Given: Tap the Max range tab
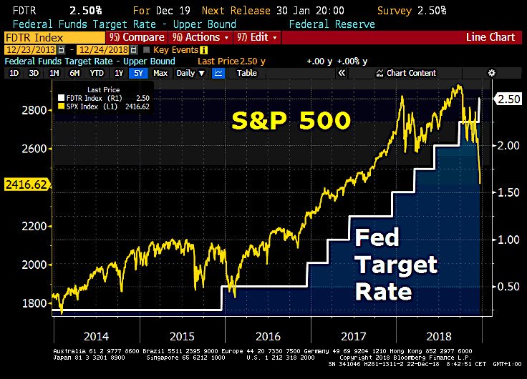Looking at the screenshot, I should pos(160,73).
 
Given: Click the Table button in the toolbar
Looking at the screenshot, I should pos(247,73).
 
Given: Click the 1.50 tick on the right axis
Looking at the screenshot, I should pos(508,192).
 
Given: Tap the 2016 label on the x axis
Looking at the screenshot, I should pos(266,335).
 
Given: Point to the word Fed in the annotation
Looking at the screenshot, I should pos(377,237).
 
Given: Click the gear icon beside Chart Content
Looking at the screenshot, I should pos(491,73).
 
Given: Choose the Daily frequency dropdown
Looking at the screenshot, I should pos(189,73).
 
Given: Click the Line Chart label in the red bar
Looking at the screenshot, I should pos(490,37).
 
